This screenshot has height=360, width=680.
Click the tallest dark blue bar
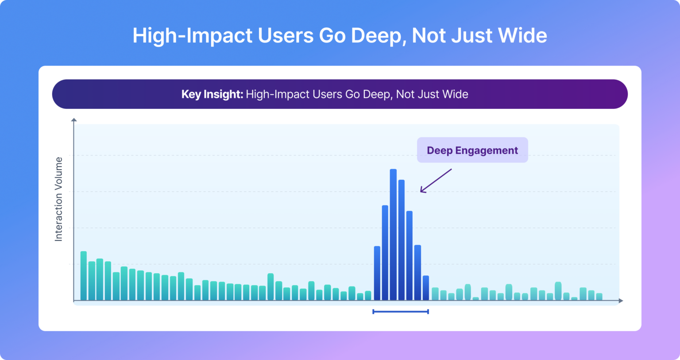393,235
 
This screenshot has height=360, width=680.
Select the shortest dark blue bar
426,288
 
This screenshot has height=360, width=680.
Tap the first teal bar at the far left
83,276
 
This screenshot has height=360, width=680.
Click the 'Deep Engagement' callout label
472,151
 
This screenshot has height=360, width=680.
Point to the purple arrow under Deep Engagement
436,181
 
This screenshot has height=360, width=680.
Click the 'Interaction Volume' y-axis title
58,199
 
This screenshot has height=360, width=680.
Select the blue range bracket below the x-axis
401,312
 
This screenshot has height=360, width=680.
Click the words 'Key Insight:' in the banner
212,94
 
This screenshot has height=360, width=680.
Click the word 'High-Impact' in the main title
193,35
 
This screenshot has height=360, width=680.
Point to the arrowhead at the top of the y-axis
74,120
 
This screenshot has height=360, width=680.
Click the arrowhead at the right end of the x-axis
621,301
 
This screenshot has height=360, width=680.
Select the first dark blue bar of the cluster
377,273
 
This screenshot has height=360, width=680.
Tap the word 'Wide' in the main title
523,35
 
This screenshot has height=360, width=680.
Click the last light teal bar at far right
599,297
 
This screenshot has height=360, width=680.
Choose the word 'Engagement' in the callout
487,151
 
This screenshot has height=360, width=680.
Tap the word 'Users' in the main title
286,35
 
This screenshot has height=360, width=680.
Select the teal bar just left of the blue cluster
368,296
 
